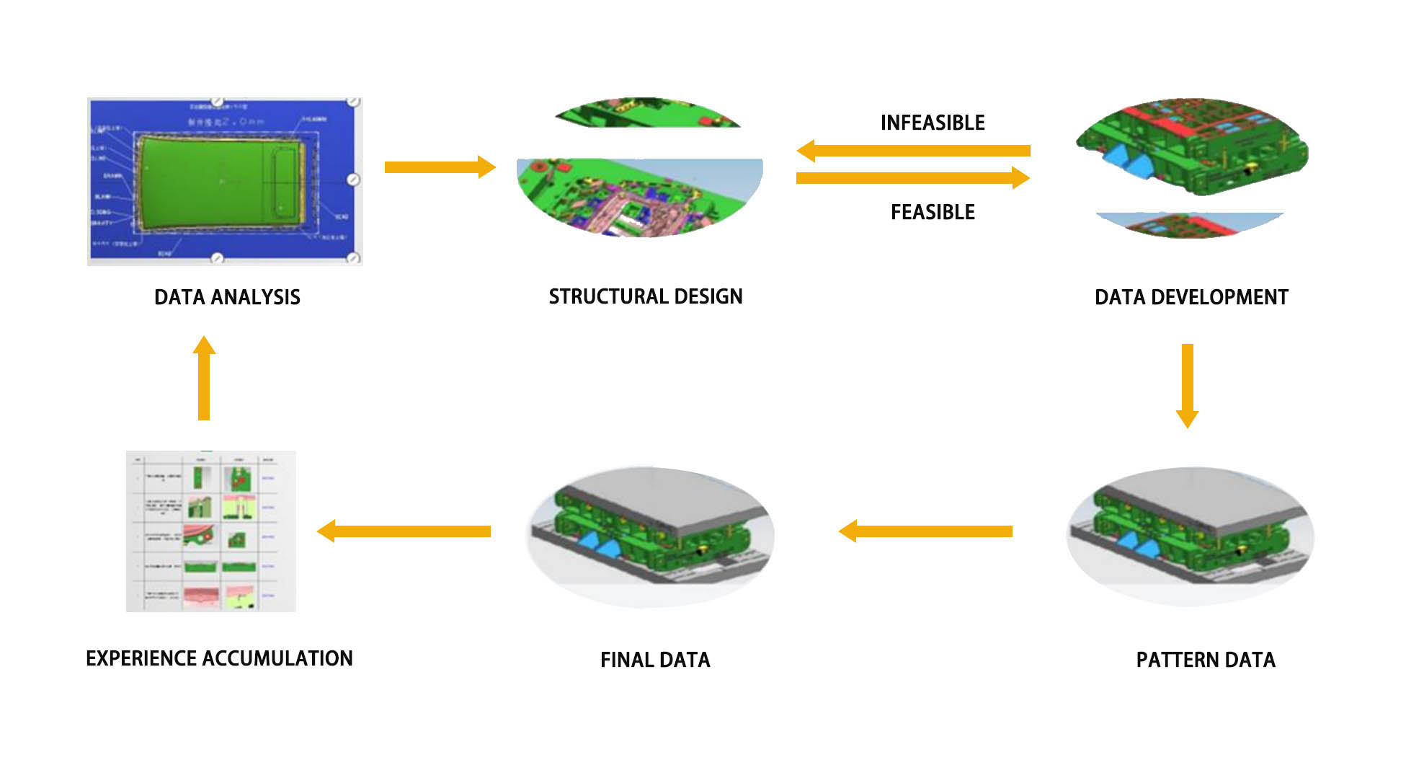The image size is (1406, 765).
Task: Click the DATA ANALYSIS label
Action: [x=227, y=297]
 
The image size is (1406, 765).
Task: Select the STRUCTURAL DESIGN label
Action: [x=645, y=296]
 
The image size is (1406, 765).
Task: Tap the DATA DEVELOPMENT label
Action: [x=1191, y=297]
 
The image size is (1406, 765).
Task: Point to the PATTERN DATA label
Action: [x=1205, y=660]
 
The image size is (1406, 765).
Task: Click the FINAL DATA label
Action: [x=654, y=660]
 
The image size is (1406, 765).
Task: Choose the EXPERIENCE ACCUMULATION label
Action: [x=219, y=658]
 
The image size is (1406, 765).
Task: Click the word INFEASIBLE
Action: [x=932, y=123]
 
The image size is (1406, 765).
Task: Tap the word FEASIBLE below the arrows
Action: [x=932, y=212]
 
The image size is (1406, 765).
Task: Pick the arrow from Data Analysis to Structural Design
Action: [x=440, y=167]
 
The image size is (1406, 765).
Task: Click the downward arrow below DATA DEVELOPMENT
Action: [x=1187, y=386]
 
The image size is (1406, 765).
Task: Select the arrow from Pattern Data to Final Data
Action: [x=925, y=531]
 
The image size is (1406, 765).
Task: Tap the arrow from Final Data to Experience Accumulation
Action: [x=404, y=531]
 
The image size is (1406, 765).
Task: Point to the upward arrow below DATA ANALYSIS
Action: [x=204, y=378]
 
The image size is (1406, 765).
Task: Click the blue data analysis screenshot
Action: [x=224, y=181]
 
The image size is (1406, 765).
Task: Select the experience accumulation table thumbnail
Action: [x=210, y=531]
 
